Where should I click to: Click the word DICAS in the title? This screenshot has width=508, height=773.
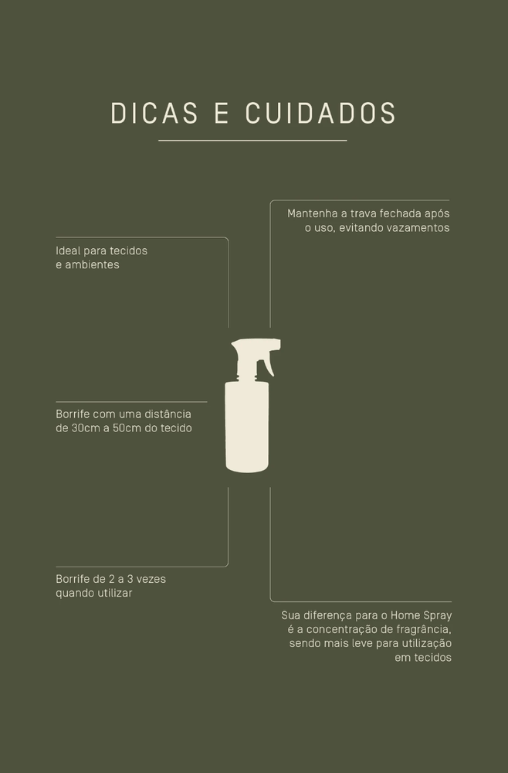(x=154, y=113)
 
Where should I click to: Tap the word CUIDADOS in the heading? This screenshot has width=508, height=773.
(x=320, y=113)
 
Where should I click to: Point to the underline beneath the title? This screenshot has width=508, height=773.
(x=252, y=141)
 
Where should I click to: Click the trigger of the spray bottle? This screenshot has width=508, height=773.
(x=268, y=364)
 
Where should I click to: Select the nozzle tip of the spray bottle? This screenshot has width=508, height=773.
(x=278, y=345)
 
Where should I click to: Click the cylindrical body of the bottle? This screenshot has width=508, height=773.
(x=246, y=427)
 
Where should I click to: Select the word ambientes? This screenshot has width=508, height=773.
(x=92, y=264)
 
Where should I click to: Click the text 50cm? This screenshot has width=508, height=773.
(x=127, y=428)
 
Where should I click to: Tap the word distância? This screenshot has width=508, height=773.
(x=168, y=414)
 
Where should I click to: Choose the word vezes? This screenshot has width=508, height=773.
(x=151, y=579)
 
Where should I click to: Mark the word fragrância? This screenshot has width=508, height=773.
(x=425, y=630)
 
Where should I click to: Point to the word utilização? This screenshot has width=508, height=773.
(x=427, y=644)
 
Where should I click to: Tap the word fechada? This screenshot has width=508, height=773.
(x=401, y=214)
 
